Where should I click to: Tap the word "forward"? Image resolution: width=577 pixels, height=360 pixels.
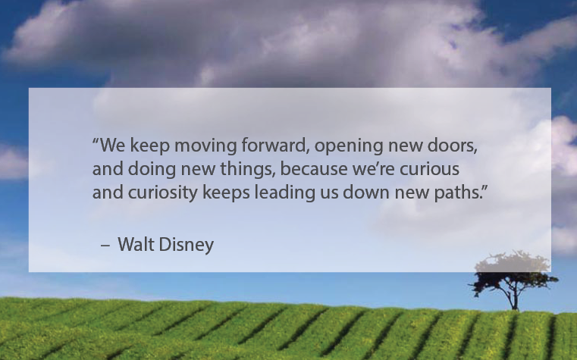(x=274, y=145)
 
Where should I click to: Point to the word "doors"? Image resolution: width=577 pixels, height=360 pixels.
(x=451, y=145)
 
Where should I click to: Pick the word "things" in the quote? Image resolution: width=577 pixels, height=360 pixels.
(x=246, y=169)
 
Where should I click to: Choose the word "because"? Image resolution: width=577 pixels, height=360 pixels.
(x=314, y=169)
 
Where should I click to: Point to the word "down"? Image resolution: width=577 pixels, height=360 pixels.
(x=365, y=192)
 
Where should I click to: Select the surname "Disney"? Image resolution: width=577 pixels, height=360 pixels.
(x=187, y=246)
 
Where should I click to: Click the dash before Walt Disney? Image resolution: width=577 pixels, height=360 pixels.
(x=105, y=246)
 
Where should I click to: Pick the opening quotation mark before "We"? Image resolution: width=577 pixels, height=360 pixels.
(x=96, y=140)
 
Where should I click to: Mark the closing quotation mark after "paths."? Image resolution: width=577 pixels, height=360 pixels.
(x=484, y=186)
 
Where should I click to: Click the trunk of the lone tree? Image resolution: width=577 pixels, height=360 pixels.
(x=514, y=297)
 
